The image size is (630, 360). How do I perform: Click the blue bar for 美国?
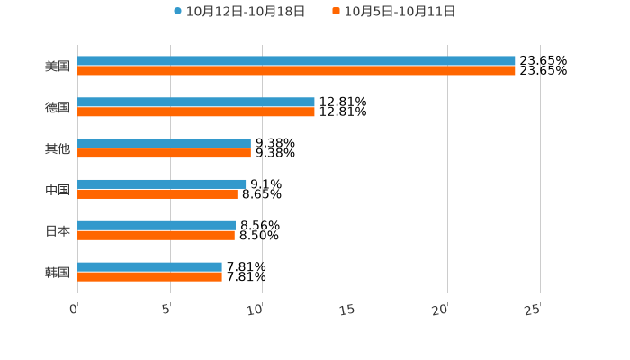(x=296, y=61)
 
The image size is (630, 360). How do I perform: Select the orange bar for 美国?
(x=296, y=70)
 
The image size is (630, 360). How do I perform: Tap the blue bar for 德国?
(x=196, y=103)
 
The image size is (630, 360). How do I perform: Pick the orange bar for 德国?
(x=196, y=112)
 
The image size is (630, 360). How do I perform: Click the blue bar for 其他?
(x=164, y=144)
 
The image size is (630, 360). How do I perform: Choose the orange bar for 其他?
(x=164, y=153)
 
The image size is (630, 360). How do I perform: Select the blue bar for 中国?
(x=162, y=184)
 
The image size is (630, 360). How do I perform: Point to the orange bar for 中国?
(x=157, y=193)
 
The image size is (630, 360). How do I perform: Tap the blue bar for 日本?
(x=157, y=226)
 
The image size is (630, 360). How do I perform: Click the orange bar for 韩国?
(x=149, y=276)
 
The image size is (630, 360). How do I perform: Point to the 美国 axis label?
(x=58, y=66)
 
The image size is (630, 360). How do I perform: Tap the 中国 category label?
(x=58, y=190)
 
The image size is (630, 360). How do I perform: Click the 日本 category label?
(x=58, y=230)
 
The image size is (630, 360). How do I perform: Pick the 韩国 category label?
(x=58, y=272)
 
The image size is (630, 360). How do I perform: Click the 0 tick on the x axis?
(x=74, y=310)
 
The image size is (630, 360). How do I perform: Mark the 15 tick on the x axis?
(x=348, y=310)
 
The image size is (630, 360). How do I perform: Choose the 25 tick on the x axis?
(x=533, y=310)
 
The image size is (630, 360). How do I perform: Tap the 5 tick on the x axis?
(x=166, y=310)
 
